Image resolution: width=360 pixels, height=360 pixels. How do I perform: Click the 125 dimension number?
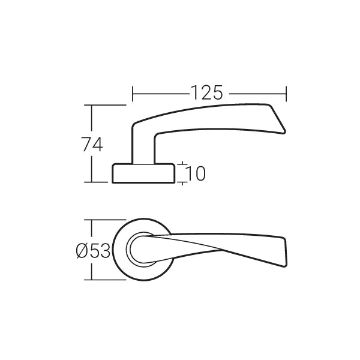point(207,93)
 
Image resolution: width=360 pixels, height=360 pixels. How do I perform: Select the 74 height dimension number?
point(92,144)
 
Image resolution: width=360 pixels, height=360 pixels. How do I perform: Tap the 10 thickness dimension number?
point(196,173)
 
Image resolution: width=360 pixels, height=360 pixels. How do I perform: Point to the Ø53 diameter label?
point(93,251)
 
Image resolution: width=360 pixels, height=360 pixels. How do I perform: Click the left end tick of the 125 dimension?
point(132,94)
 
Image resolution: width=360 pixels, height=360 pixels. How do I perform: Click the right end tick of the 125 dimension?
point(286,94)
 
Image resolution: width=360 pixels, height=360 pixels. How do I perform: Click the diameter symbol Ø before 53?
point(82,251)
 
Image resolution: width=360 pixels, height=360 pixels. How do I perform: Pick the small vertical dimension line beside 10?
point(182,173)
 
